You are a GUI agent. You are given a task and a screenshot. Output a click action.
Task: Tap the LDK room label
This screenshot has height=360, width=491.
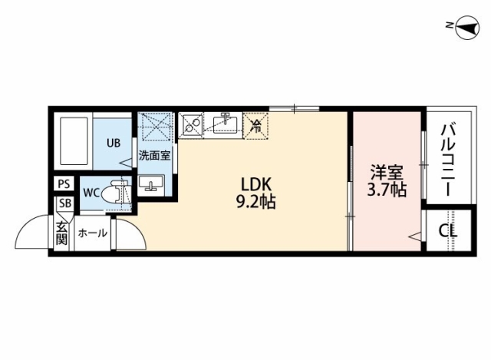pyautogui.click(x=255, y=185)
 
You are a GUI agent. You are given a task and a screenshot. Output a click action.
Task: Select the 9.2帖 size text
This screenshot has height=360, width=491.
pyautogui.click(x=255, y=202)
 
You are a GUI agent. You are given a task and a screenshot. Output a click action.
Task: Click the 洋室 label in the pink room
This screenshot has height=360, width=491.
pyautogui.click(x=387, y=173)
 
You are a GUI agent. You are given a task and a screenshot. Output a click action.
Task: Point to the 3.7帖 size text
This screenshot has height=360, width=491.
pyautogui.click(x=387, y=190)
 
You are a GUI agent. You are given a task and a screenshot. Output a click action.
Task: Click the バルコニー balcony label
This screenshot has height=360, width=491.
pyautogui.click(x=449, y=160)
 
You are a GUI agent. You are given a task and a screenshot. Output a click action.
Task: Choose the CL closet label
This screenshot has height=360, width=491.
pyautogui.click(x=448, y=231)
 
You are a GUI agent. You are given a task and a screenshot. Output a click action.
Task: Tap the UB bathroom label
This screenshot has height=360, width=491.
pyautogui.click(x=114, y=143)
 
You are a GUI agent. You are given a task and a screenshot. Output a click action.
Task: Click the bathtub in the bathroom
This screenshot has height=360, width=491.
pyautogui.click(x=74, y=141)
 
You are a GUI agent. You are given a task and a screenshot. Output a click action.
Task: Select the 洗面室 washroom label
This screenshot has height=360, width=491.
pyautogui.click(x=154, y=155)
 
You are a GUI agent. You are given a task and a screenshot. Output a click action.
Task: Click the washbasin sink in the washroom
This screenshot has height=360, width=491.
pyautogui.click(x=151, y=183)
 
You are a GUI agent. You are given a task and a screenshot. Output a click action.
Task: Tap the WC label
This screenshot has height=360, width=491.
pyautogui.click(x=91, y=193)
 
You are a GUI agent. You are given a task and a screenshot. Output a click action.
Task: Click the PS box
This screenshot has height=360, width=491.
pyautogui.click(x=64, y=183)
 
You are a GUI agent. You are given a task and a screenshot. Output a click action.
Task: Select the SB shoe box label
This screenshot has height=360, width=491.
pyautogui.click(x=65, y=203)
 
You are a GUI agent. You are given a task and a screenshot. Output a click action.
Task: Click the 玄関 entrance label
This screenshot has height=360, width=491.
pyautogui.click(x=61, y=233)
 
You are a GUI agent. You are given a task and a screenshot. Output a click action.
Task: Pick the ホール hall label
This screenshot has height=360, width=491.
pyautogui.click(x=93, y=233)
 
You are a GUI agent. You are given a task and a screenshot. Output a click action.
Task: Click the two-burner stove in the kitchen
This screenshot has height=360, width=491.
pyautogui.click(x=191, y=125)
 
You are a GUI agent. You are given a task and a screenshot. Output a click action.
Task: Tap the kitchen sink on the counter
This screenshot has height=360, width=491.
pyautogui.click(x=225, y=124)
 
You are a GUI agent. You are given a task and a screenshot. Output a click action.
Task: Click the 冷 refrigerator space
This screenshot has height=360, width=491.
pyautogui.click(x=255, y=126)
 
